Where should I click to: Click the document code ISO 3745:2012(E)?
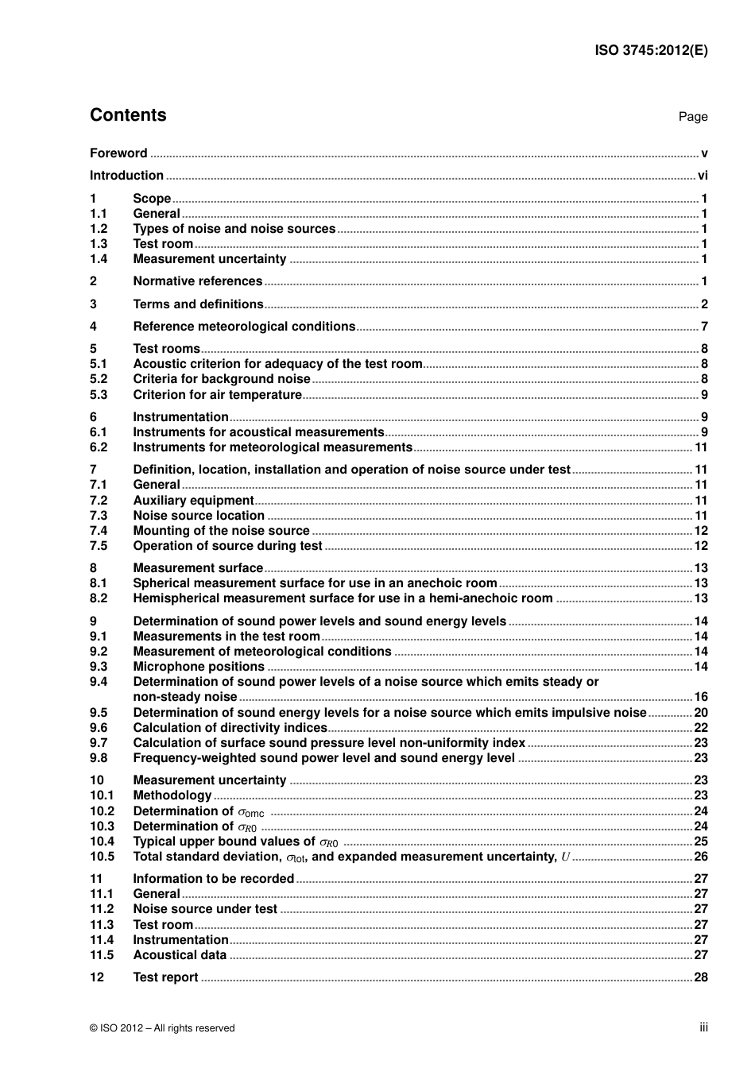pyautogui.click(x=651, y=50)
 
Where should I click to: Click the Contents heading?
pyautogui.click(x=128, y=115)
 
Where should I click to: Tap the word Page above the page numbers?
pyautogui.click(x=692, y=117)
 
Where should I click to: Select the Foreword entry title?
pyautogui.click(x=118, y=153)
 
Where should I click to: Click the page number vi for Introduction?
pyautogui.click(x=703, y=176)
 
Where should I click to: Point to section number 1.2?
pyautogui.click(x=98, y=229)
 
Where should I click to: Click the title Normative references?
pyautogui.click(x=197, y=281)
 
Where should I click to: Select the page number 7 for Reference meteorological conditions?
pyautogui.click(x=704, y=327)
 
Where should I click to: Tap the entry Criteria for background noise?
pyautogui.click(x=221, y=379)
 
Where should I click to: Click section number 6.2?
pyautogui.click(x=98, y=447)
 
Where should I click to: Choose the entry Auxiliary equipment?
pyautogui.click(x=193, y=501)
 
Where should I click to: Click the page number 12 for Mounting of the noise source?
pyautogui.click(x=701, y=531)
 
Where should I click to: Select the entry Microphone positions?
pyautogui.click(x=198, y=667)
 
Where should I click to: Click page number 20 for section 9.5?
pyautogui.click(x=701, y=713)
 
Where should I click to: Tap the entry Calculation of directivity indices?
pyautogui.click(x=230, y=728)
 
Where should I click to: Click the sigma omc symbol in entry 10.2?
pyautogui.click(x=251, y=812)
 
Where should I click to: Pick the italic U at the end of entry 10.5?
pyautogui.click(x=565, y=857)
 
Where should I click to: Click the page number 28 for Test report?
pyautogui.click(x=701, y=977)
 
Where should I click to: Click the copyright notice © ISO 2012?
pyautogui.click(x=162, y=1028)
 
